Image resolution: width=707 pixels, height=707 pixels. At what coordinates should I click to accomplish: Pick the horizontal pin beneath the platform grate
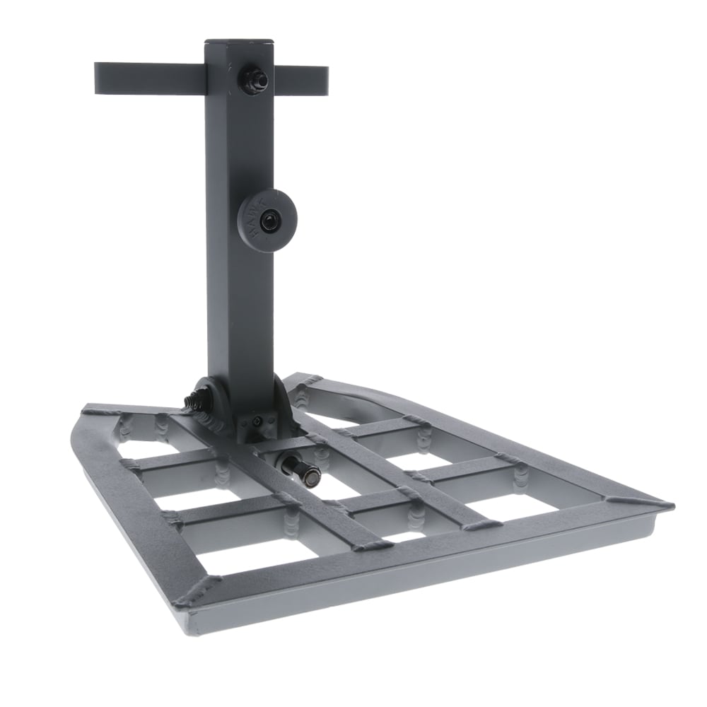point(300,471)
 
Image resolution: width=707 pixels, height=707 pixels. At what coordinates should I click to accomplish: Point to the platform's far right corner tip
point(668,506)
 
